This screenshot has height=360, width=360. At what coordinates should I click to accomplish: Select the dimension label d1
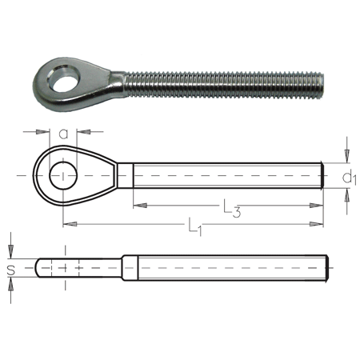click(348, 176)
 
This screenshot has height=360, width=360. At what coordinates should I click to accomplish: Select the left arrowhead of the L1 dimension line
click(67, 221)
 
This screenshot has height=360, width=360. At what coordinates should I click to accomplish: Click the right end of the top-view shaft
click(322, 175)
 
